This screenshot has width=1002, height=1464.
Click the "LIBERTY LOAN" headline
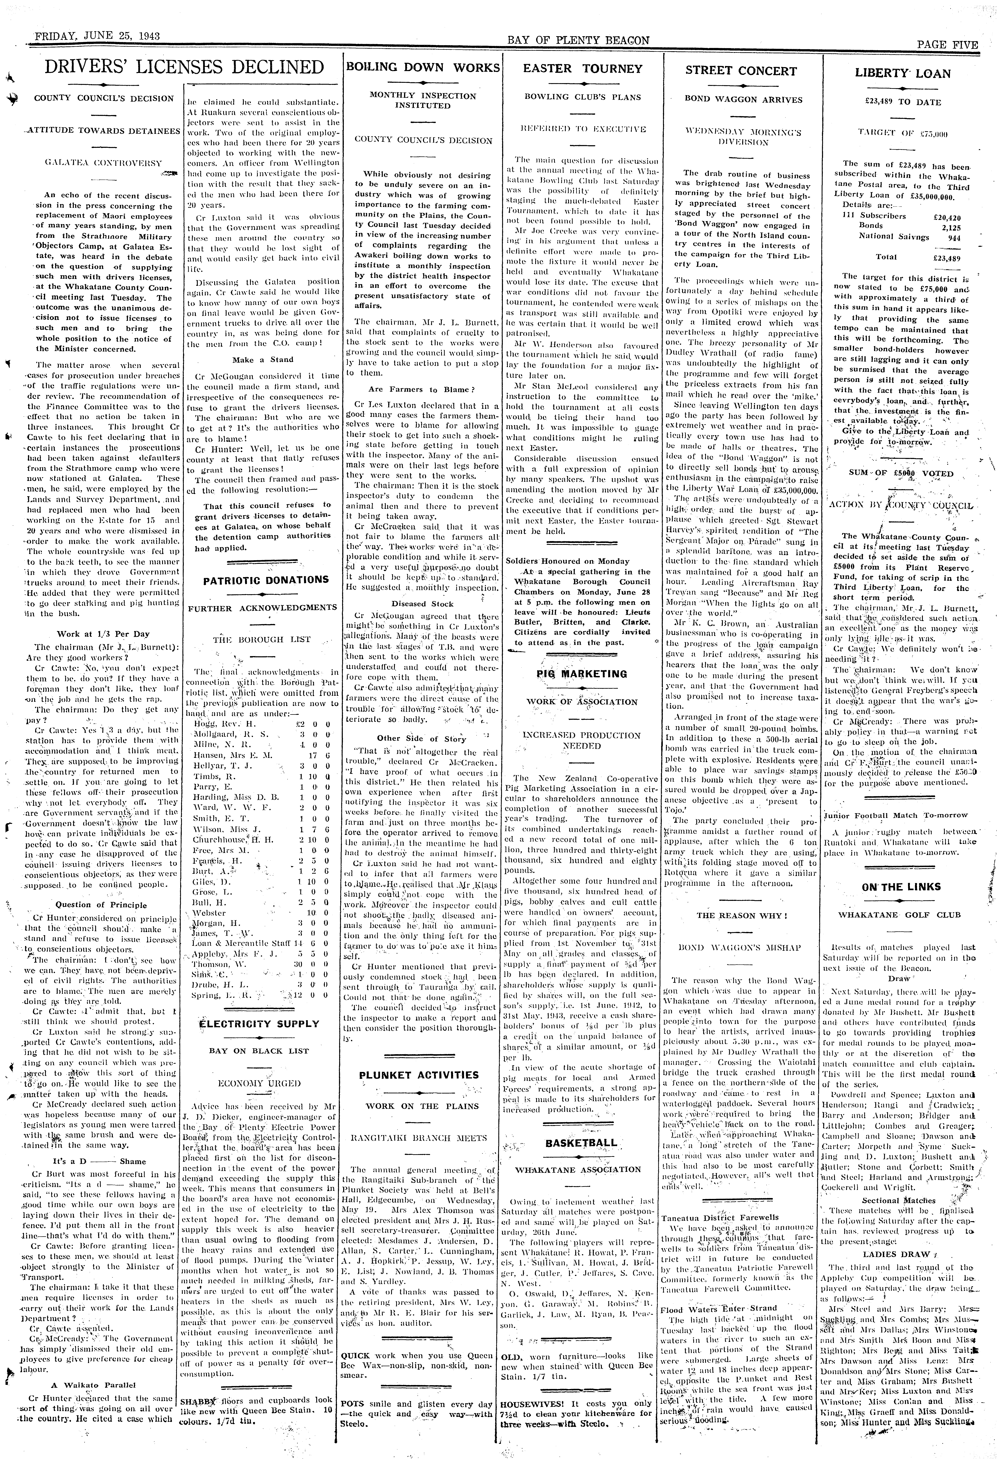point(902,73)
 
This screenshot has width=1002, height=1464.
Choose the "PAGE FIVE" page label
point(947,45)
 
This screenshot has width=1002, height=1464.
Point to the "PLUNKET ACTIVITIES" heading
point(419,1075)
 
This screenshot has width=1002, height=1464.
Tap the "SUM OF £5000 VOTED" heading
point(901,473)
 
